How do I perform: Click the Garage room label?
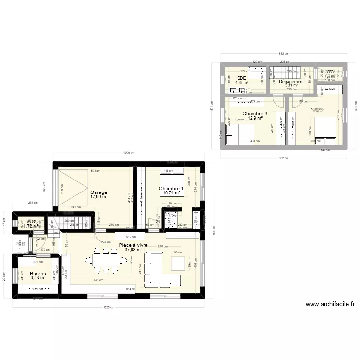pos(98,192)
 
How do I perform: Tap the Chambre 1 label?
pos(171,188)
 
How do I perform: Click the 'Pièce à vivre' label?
pos(136,244)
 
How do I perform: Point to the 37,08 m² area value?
pos(133,250)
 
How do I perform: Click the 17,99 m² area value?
pos(98,197)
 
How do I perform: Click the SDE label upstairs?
pos(241,77)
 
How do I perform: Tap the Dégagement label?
pos(291,82)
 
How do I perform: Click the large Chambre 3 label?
pos(255,114)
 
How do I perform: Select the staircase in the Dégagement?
pos(283,72)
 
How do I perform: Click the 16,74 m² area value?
pos(171,193)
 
